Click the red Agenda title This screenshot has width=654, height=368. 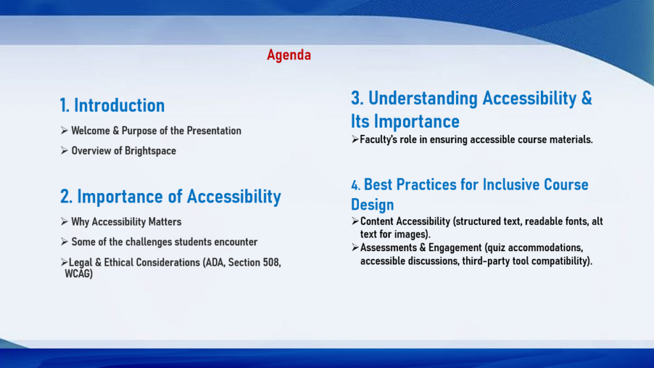(289, 55)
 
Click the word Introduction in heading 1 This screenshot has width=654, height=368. (119, 105)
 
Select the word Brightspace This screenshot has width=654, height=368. (150, 151)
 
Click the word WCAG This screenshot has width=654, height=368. (79, 273)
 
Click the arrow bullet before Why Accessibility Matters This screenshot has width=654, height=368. (65, 222)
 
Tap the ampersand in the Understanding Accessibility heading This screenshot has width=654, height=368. (586, 98)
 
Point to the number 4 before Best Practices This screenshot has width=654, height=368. (355, 185)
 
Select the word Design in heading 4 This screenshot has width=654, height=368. (372, 205)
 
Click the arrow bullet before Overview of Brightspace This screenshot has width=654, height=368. (65, 150)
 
